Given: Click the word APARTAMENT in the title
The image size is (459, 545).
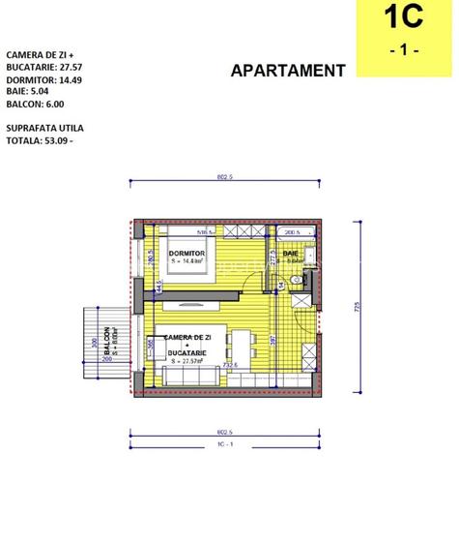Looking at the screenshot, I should (x=288, y=70).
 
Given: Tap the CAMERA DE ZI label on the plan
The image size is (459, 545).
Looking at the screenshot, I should (x=187, y=336).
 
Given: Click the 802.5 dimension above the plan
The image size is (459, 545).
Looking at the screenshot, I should (x=228, y=176).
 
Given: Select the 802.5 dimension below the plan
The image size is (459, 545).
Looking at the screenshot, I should (x=228, y=432).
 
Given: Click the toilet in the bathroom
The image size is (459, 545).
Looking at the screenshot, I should (x=306, y=278).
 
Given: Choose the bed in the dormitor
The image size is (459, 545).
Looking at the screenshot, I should (x=193, y=262).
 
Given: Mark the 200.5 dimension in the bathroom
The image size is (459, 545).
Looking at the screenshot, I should (x=291, y=233).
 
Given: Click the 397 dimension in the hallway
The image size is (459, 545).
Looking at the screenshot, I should (x=274, y=339).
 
